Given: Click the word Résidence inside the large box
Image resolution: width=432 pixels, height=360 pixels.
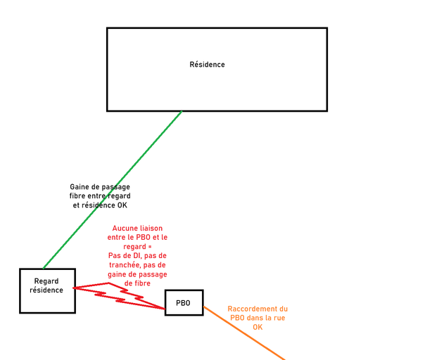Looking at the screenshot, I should [x=207, y=65].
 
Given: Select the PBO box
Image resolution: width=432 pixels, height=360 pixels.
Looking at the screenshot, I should [x=184, y=302].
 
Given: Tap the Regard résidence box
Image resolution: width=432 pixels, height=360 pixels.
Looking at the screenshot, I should [x=47, y=290].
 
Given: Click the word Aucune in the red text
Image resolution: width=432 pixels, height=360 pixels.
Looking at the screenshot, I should [x=127, y=229].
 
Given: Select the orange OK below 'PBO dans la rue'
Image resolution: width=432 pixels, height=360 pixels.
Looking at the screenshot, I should [x=258, y=327].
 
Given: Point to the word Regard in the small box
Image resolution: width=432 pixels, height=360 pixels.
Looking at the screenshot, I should [x=47, y=281].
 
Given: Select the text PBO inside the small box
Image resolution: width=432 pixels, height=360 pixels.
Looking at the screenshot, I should [x=184, y=303].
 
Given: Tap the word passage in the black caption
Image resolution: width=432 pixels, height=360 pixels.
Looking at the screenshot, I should [x=116, y=186].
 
